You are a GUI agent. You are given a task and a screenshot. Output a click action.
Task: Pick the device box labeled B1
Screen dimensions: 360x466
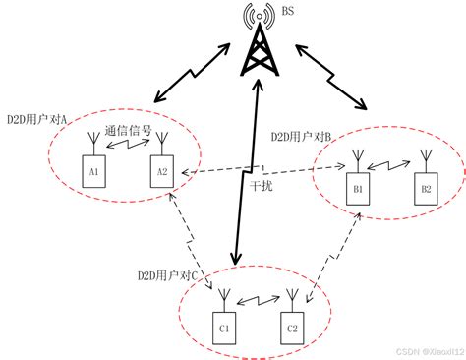(359, 188)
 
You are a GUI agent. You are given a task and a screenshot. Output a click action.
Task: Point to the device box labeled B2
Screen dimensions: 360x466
(425, 188)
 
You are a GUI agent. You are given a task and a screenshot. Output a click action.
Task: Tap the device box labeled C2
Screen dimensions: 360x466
(291, 326)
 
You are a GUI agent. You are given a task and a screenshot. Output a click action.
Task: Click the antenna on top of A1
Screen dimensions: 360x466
(94, 146)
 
